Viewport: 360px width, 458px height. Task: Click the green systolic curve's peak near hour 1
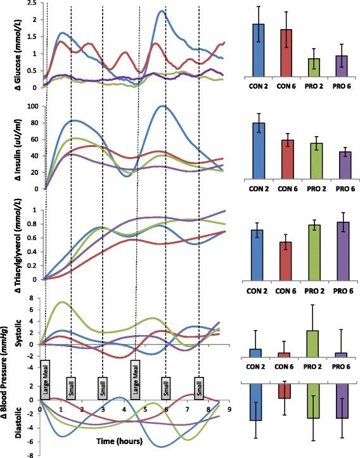point(60,302)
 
